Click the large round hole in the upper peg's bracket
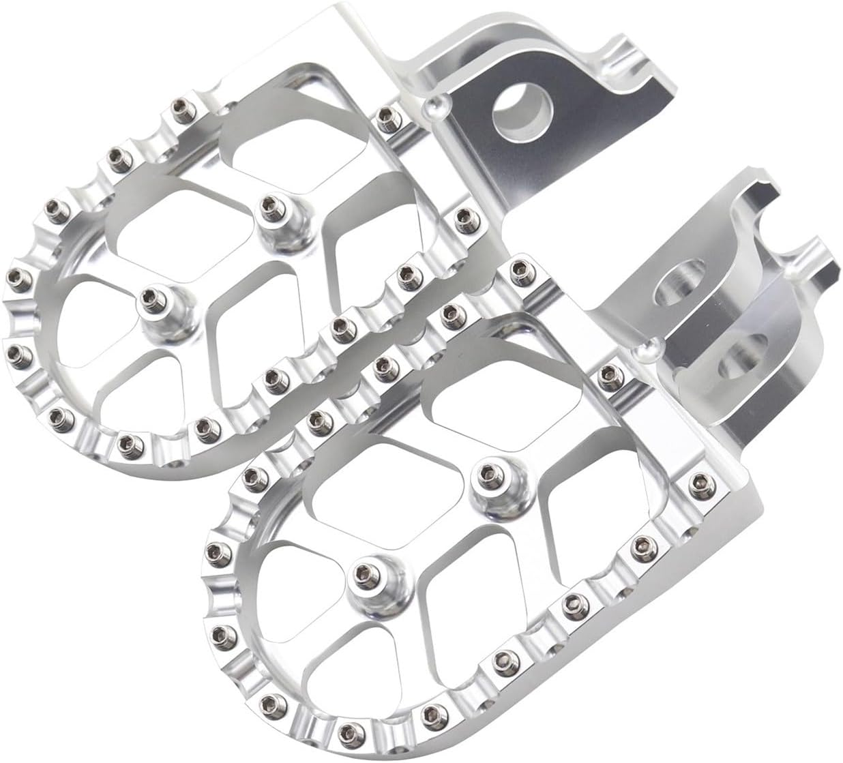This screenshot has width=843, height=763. click(x=522, y=111)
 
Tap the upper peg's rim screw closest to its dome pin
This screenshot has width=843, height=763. click(x=401, y=121)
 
